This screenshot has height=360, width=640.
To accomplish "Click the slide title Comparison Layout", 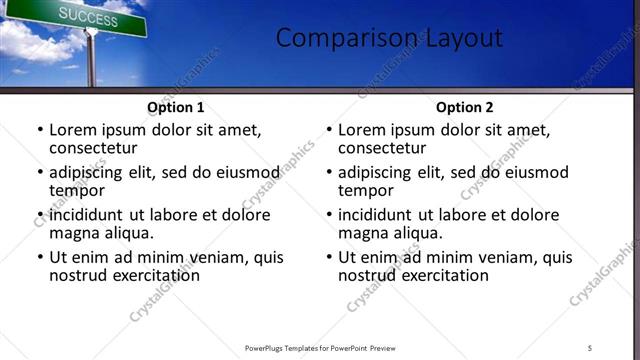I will [x=389, y=38].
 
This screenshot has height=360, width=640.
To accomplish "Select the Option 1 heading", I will [x=175, y=107].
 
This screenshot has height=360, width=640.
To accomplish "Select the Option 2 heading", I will [x=464, y=107].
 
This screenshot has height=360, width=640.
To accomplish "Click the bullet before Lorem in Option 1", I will [x=40, y=131].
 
